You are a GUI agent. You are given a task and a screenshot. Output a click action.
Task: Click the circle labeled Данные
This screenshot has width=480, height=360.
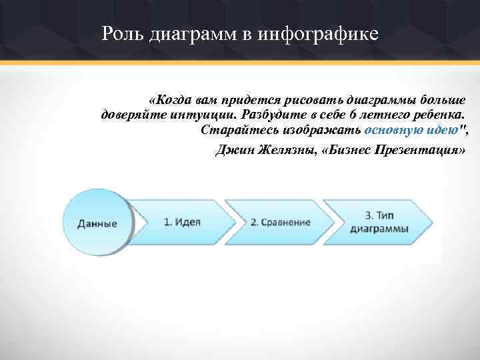click(97, 223)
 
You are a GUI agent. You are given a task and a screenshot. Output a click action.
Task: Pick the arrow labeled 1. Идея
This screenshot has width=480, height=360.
click(182, 222)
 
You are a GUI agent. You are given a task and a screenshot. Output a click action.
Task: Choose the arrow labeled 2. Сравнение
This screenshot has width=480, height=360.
click(280, 222)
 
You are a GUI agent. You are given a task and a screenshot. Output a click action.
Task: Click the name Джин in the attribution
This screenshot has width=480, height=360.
click(233, 149)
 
